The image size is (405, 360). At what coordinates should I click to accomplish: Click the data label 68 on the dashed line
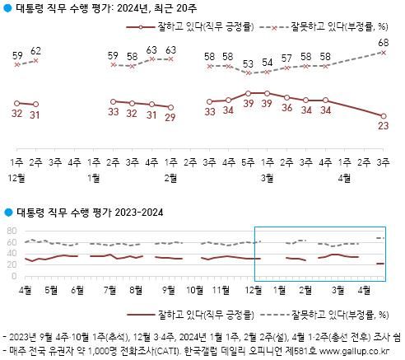pos(384,42)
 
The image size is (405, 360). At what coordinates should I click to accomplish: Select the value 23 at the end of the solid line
pos(384,127)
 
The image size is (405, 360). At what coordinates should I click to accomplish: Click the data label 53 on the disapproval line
pos(248,63)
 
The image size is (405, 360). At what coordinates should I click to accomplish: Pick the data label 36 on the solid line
pos(286,108)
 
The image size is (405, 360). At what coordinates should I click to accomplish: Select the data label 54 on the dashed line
pos(267,62)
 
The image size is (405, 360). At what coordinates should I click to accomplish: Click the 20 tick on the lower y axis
pos(12,264)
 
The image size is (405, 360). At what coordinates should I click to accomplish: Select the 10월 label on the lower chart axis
pos(195,289)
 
